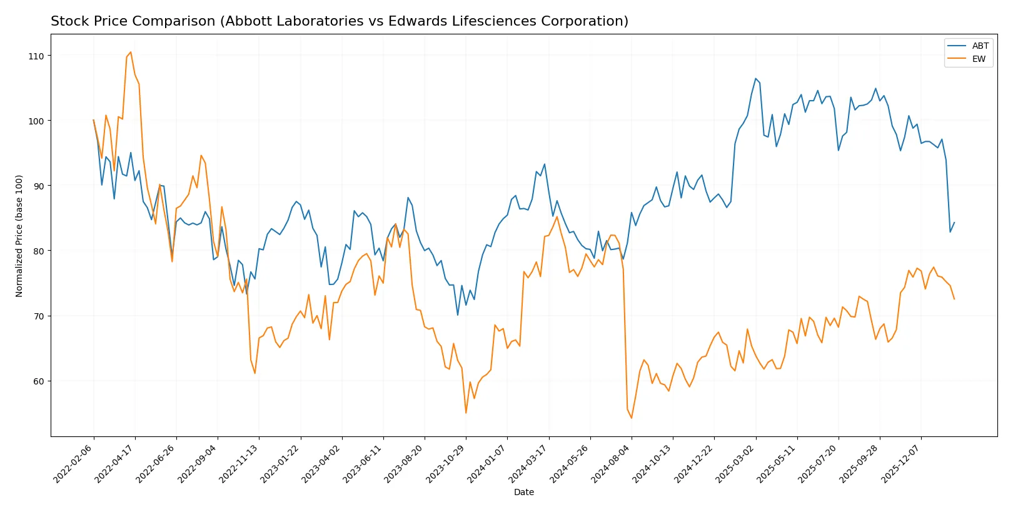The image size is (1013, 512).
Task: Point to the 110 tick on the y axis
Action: point(36,56)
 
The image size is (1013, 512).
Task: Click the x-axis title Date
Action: point(524,493)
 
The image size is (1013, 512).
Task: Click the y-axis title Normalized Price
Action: point(19,236)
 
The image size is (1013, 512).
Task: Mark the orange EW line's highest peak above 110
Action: point(130,52)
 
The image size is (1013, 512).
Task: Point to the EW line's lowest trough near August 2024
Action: point(632,418)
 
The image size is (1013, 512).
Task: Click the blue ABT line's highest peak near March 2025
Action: point(755,79)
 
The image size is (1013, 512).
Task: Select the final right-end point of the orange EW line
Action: point(954,299)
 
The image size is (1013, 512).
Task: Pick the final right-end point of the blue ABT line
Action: point(954,223)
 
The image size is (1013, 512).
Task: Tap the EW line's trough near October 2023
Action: point(466,413)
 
